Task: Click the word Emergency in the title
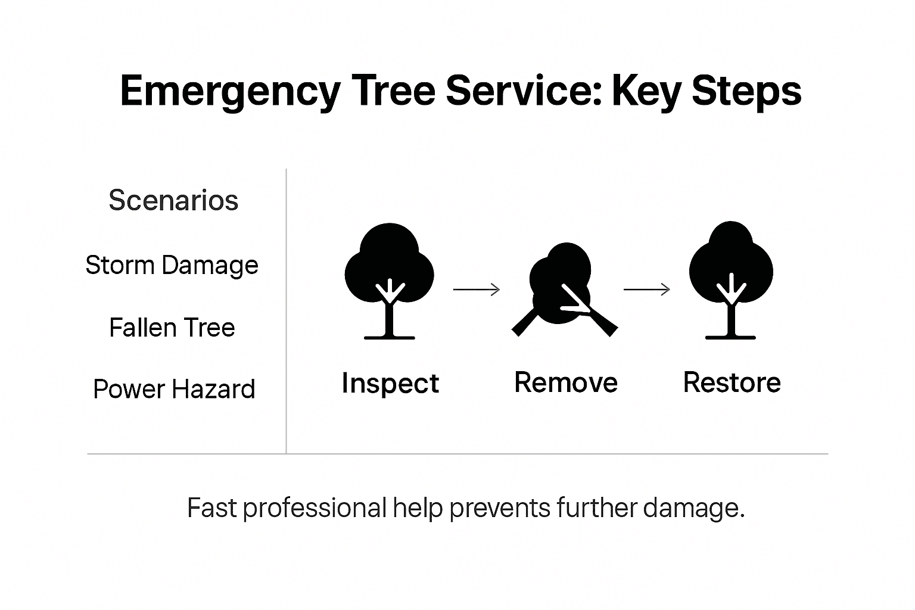(229, 91)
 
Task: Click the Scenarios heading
(173, 200)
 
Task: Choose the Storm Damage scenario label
(172, 265)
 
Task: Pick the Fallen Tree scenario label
(172, 328)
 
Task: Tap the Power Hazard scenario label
(174, 390)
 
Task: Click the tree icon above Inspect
(389, 281)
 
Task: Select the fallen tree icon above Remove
(564, 289)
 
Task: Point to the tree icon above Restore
(731, 280)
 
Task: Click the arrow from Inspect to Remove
(476, 290)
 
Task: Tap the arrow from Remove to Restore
(646, 290)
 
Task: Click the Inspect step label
(390, 383)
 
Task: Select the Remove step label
(565, 382)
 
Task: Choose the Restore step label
(732, 382)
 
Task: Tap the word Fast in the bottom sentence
(211, 508)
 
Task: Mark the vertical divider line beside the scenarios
(286, 310)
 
